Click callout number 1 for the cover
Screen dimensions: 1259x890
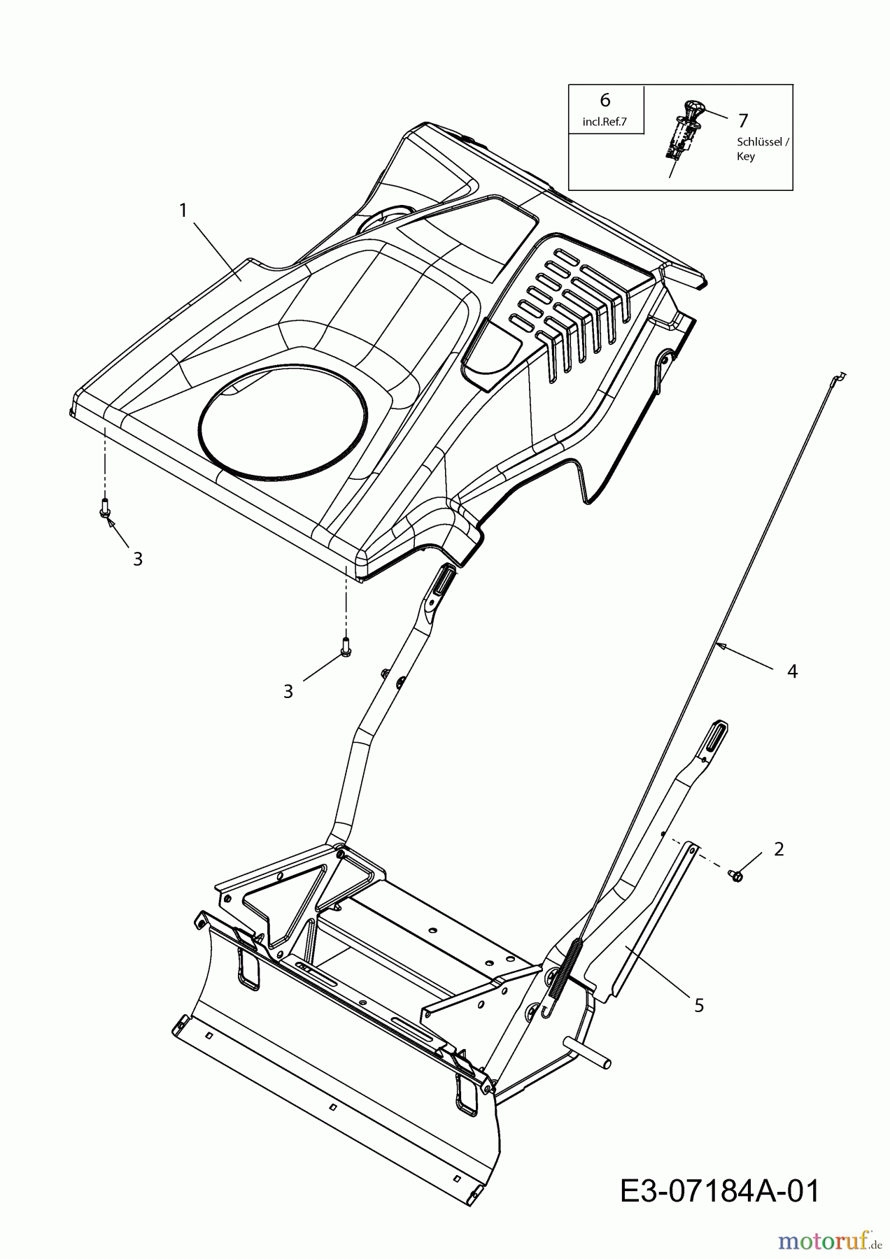(x=183, y=210)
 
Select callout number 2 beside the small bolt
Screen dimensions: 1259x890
(x=779, y=849)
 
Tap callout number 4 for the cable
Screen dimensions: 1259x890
(x=792, y=671)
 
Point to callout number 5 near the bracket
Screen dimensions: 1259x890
(x=699, y=1005)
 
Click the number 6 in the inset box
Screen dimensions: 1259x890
(x=605, y=100)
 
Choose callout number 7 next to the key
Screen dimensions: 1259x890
(x=743, y=121)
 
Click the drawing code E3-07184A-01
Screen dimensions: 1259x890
(x=719, y=1191)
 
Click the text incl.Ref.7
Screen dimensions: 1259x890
(x=605, y=122)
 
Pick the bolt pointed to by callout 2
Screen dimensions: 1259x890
(x=735, y=874)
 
